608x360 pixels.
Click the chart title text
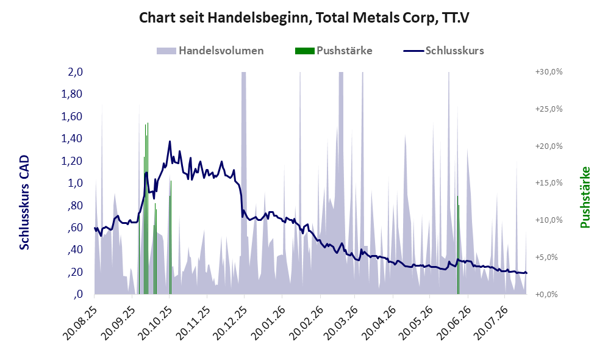click(304, 18)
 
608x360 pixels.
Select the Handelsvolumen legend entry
click(210, 51)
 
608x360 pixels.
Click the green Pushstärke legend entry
click(334, 51)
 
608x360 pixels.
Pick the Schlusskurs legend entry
click(443, 51)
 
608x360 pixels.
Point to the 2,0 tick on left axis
click(75, 72)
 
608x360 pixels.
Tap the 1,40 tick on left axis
click(72, 139)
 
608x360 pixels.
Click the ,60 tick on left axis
click(75, 228)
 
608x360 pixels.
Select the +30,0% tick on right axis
click(549, 72)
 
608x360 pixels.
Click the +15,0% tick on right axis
click(549, 182)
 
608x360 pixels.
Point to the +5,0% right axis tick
click(550, 257)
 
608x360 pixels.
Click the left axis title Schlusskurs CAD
click(24, 203)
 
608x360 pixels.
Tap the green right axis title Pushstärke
click(585, 197)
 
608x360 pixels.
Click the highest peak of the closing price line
click(170, 142)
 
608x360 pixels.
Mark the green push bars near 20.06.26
click(459, 245)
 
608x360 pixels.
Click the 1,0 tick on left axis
click(75, 182)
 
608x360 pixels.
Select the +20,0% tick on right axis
click(549, 146)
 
